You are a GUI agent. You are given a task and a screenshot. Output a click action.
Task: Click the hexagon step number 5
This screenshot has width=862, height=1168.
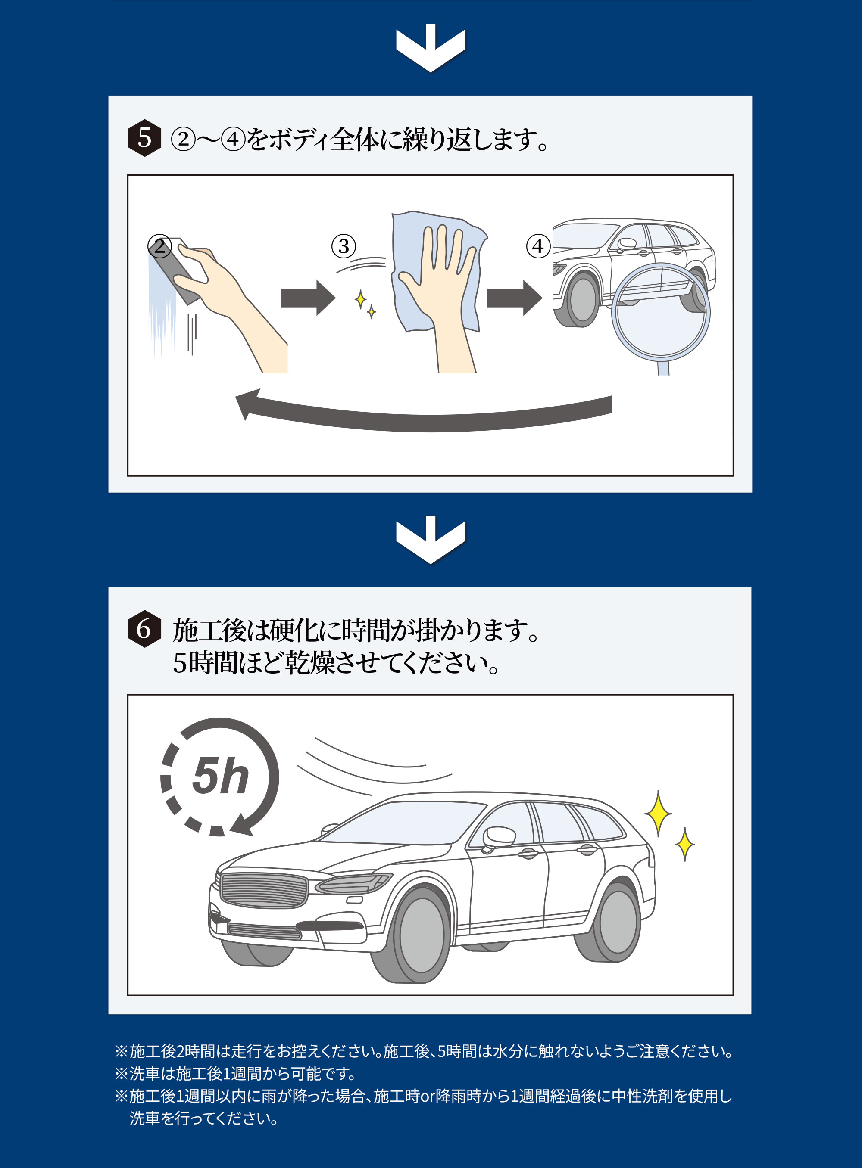point(144,138)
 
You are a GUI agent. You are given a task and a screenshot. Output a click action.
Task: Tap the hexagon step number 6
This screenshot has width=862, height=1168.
point(144,629)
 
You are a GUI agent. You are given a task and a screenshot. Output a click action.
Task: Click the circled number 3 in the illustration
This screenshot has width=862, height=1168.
point(344,246)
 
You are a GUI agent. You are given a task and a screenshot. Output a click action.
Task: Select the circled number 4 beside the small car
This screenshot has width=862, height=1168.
point(538,246)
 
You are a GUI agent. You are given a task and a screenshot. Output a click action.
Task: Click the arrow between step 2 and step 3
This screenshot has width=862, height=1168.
point(307,298)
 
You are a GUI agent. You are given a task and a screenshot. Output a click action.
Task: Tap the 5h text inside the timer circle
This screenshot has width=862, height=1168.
point(220,777)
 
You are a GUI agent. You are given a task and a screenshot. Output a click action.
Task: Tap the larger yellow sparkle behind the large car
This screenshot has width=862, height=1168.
point(658,814)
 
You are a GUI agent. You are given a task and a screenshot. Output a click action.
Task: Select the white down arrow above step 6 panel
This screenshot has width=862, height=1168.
point(431,540)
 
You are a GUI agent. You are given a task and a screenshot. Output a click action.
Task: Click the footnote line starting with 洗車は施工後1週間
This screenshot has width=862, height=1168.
point(243,1074)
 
